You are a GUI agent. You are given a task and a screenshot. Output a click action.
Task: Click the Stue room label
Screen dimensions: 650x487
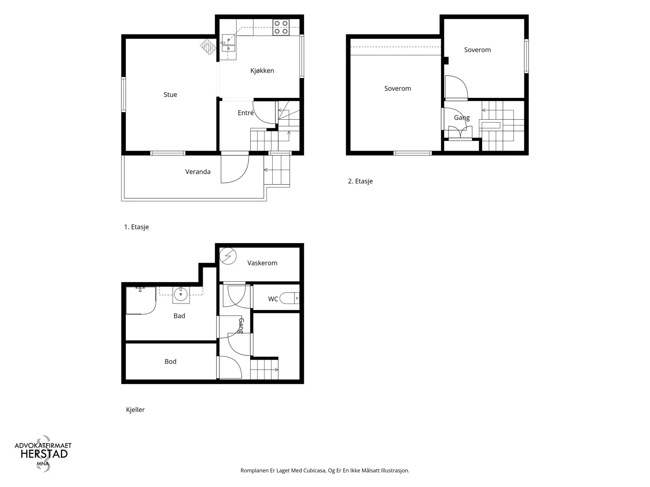170,95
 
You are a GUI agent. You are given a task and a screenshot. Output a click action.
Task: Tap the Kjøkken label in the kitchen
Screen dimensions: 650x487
262,71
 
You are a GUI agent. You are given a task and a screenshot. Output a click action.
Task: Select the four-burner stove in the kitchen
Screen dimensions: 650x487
281,27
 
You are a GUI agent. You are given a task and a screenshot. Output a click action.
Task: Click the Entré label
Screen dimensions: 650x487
246,113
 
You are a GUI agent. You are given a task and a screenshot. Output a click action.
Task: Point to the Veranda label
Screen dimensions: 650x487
198,172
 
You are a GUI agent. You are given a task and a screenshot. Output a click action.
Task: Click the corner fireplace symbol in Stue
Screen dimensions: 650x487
208,47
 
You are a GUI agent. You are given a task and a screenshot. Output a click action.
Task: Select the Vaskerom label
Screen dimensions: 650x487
262,263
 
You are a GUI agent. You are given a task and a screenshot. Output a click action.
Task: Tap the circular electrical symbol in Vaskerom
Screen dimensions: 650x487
228,256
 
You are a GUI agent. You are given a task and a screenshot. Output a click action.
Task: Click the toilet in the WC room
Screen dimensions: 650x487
290,298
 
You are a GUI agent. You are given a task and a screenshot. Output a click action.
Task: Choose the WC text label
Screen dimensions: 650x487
273,299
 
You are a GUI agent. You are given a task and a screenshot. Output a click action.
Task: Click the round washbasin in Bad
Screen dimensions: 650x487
181,295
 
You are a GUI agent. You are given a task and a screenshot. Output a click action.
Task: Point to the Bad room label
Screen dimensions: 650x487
179,316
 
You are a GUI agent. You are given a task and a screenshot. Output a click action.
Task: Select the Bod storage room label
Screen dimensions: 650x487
170,361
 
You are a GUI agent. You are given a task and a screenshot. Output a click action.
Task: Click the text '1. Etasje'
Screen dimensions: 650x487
136,227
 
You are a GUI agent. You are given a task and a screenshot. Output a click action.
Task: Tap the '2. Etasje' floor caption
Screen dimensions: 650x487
360,181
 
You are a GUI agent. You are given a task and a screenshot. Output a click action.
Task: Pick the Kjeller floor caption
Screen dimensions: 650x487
135,409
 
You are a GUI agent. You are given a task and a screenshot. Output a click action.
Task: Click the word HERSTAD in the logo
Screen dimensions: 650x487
44,454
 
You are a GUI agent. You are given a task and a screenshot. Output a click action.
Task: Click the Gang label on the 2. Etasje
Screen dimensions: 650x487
461,118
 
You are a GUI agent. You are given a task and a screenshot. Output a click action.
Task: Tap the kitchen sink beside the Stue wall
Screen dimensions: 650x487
229,44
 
